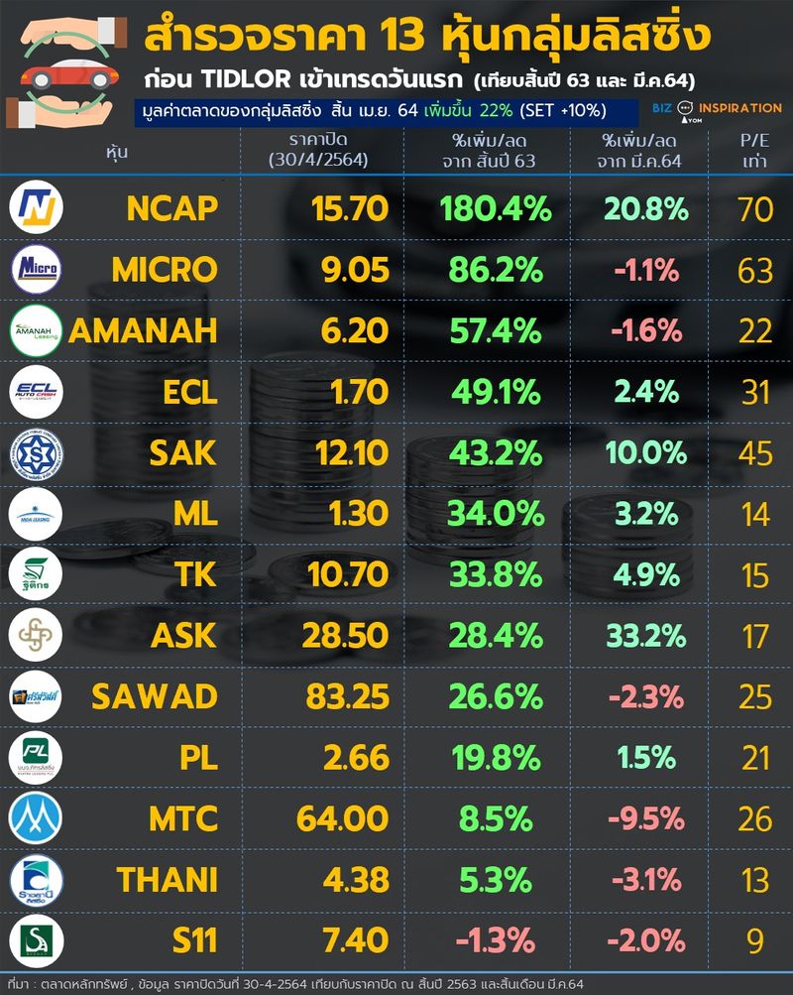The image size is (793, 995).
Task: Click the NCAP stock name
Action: (x=171, y=208)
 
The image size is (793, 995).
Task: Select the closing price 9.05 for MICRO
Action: (x=342, y=269)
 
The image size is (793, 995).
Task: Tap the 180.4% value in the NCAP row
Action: (x=493, y=208)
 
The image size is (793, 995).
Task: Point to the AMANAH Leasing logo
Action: (x=37, y=329)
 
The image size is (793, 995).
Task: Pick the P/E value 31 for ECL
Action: (x=755, y=392)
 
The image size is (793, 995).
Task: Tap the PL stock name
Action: (x=196, y=757)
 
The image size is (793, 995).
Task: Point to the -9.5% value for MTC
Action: (x=644, y=818)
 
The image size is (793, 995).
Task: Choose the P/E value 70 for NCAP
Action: (x=755, y=208)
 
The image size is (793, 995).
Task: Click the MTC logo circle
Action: (x=37, y=818)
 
